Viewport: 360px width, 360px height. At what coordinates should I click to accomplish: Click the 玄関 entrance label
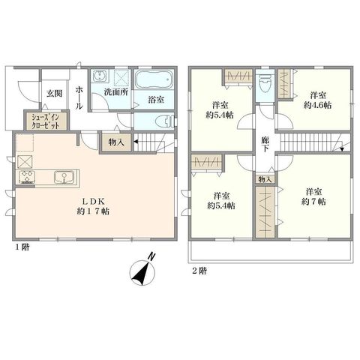[54, 94]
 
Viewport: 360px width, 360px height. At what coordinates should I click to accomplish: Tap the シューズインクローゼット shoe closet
[46, 121]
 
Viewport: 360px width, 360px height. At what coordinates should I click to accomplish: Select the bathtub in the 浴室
[154, 79]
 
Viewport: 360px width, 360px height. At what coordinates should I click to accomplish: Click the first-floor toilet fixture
[164, 122]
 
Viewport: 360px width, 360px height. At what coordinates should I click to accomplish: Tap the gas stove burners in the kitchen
[26, 177]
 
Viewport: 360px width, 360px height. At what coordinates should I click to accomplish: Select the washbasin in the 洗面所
[100, 75]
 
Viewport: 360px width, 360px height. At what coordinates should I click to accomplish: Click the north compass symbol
[142, 271]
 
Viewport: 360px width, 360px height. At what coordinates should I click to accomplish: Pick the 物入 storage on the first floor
[116, 142]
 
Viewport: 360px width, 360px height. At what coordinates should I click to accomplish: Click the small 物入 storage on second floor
[265, 179]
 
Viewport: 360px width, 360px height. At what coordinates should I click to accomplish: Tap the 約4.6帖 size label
[317, 105]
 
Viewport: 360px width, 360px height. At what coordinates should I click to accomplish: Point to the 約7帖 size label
[314, 202]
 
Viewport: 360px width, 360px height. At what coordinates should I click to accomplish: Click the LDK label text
[93, 201]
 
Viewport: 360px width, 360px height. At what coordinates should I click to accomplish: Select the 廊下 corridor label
[265, 144]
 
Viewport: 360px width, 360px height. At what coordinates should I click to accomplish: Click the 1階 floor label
[22, 247]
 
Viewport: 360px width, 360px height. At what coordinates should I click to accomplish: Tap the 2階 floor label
[199, 271]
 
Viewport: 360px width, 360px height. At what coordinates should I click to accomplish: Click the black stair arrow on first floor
[136, 142]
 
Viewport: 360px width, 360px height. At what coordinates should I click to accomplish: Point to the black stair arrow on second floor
[342, 149]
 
